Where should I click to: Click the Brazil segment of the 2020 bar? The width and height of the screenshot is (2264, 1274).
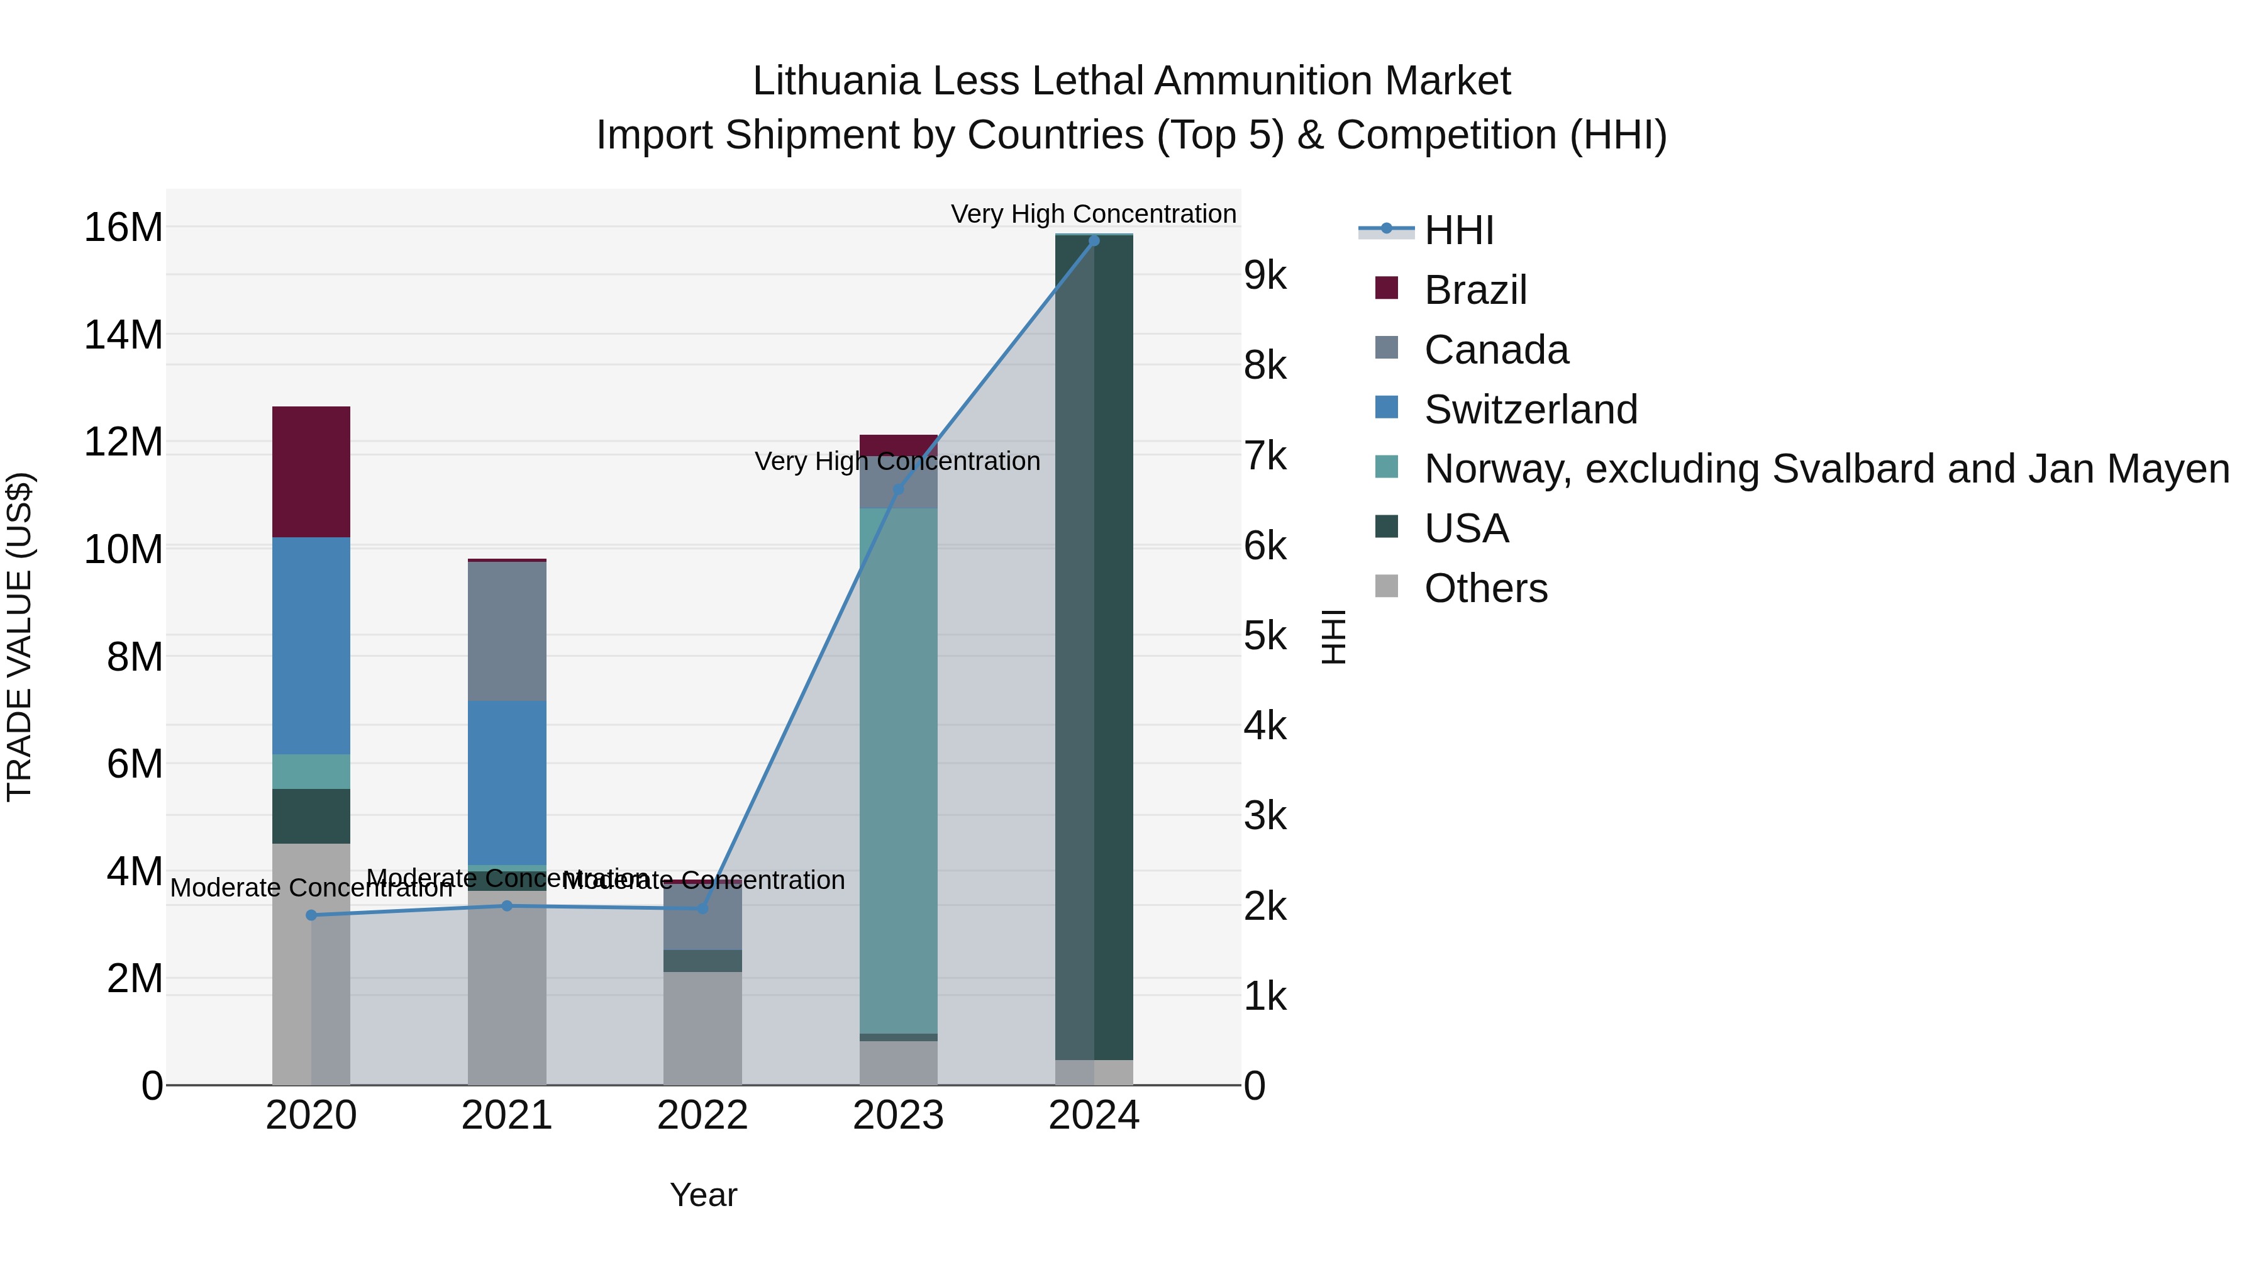[311, 471]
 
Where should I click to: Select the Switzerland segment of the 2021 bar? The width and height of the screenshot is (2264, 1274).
[506, 783]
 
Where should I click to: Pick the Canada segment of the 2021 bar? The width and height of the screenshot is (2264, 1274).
[506, 630]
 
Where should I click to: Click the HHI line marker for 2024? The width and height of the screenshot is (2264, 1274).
[1094, 240]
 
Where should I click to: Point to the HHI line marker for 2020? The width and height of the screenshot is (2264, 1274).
[311, 915]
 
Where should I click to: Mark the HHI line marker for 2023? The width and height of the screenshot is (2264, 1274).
[897, 489]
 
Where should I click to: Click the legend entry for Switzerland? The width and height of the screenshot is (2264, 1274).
[1530, 410]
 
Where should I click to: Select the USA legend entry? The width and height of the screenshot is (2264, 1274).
[1466, 529]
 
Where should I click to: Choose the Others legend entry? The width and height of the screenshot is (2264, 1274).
[1485, 588]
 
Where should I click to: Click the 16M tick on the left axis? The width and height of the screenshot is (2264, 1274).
[123, 228]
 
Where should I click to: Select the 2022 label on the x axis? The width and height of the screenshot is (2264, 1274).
[702, 1115]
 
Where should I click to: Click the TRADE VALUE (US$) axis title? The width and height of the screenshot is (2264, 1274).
[19, 637]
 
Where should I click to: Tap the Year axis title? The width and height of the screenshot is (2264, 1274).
[703, 1195]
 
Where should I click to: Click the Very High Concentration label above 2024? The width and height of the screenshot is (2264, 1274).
[1094, 214]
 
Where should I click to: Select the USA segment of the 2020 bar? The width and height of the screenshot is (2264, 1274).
[311, 816]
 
